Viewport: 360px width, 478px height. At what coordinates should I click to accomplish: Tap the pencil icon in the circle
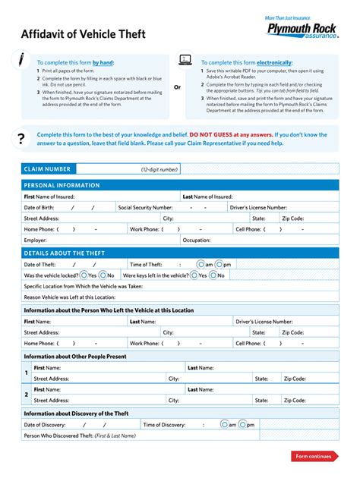click(x=22, y=60)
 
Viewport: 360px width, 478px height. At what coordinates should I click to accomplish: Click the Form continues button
click(x=314, y=456)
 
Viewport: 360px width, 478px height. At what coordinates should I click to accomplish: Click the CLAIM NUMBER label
click(x=47, y=169)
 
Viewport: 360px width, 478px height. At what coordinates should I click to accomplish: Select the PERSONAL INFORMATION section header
click(x=62, y=185)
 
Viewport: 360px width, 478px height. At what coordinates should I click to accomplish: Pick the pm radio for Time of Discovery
click(x=241, y=425)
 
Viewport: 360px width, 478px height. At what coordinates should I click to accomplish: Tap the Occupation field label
click(x=197, y=240)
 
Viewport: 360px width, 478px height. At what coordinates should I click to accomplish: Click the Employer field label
click(x=36, y=240)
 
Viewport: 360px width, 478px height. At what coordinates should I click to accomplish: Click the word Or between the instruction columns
click(x=178, y=86)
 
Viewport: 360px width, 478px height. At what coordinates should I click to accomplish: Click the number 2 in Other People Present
click(x=27, y=395)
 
